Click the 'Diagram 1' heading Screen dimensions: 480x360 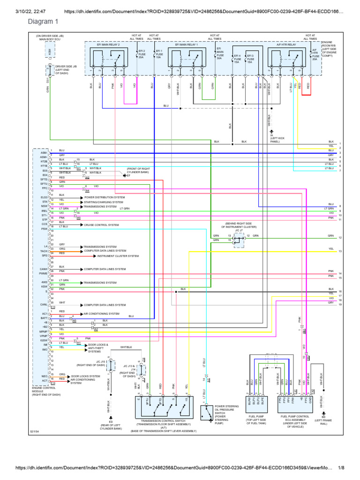coord(43,22)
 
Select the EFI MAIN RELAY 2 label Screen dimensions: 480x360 coord(109,44)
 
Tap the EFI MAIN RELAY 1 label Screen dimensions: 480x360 coord(187,44)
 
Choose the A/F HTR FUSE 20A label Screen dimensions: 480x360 coord(315,54)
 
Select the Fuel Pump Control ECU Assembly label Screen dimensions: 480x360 coord(295,420)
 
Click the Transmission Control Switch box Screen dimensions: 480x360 coord(165,409)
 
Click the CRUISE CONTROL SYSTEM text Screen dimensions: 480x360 coord(101,225)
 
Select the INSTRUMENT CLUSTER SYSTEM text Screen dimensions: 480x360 coord(118,256)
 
